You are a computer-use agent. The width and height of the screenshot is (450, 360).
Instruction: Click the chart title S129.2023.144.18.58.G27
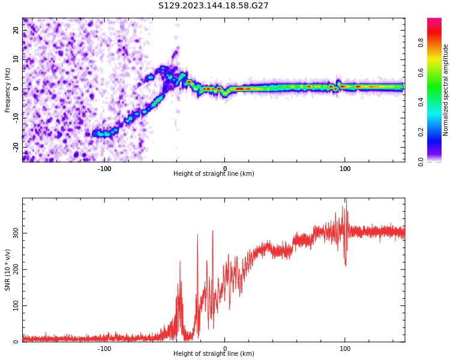point(213,6)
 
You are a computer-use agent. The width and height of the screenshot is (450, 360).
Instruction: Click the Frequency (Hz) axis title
point(8,90)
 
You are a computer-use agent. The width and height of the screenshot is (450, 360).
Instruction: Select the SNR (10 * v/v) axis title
point(8,270)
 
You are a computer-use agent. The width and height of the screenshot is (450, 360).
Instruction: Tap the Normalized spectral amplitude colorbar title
point(446,90)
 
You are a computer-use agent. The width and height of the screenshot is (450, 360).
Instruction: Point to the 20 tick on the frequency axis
point(16,31)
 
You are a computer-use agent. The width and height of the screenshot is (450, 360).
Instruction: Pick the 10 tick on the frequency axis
point(16,59)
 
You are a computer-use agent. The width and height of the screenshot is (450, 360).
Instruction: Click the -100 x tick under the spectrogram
point(104,168)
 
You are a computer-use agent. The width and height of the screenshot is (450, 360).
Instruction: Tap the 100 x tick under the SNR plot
point(345,349)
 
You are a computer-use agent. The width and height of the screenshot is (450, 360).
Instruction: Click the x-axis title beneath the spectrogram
point(214,174)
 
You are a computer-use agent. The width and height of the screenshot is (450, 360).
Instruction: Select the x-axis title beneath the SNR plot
point(214,354)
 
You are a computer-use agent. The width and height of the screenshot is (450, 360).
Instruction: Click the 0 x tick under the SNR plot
point(225,349)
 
